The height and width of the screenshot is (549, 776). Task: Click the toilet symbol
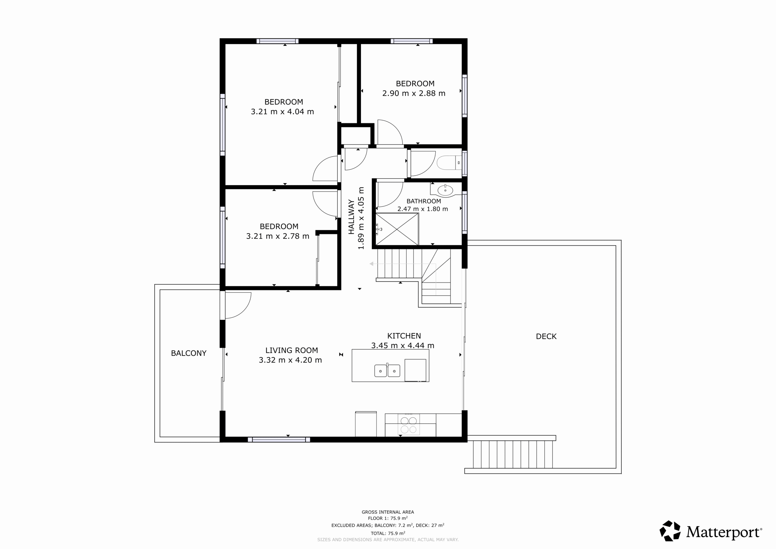449,162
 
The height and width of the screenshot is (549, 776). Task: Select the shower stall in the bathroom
397,229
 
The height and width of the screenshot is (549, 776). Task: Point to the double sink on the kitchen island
387,370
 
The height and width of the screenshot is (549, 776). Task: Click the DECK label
546,336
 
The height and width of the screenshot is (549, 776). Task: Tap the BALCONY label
189,353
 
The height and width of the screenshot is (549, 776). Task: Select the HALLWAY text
352,217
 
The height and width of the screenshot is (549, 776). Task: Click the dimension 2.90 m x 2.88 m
414,93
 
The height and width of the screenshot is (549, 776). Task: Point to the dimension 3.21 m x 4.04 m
282,112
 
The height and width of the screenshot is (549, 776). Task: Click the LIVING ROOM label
291,350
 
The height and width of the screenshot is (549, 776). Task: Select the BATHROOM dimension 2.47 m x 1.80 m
423,209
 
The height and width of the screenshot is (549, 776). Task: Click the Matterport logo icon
670,531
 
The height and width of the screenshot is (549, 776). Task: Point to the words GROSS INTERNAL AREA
388,512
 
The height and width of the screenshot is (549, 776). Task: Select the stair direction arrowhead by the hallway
371,264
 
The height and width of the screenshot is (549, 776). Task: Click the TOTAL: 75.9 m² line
388,534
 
